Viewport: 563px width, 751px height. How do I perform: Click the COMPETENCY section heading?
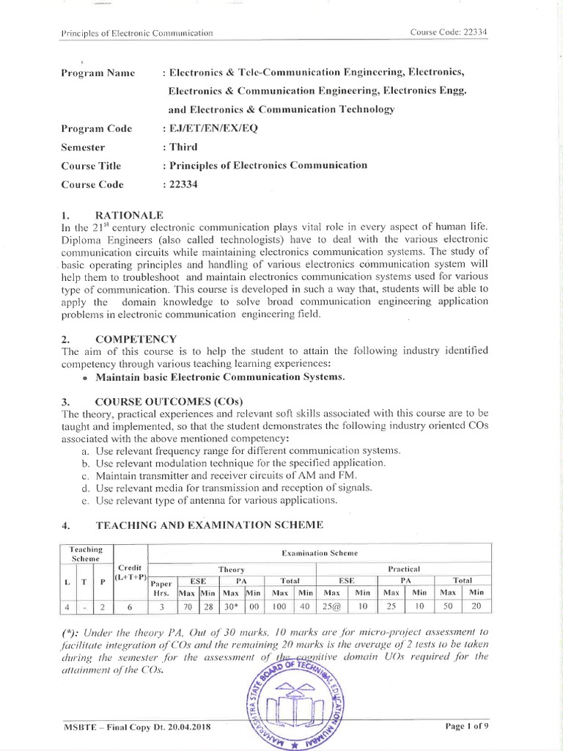point(136,339)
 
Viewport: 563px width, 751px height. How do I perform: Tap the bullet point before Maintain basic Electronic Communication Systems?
point(87,377)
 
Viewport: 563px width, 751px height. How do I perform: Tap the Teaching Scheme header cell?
point(86,554)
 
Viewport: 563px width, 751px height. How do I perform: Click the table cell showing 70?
point(187,607)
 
